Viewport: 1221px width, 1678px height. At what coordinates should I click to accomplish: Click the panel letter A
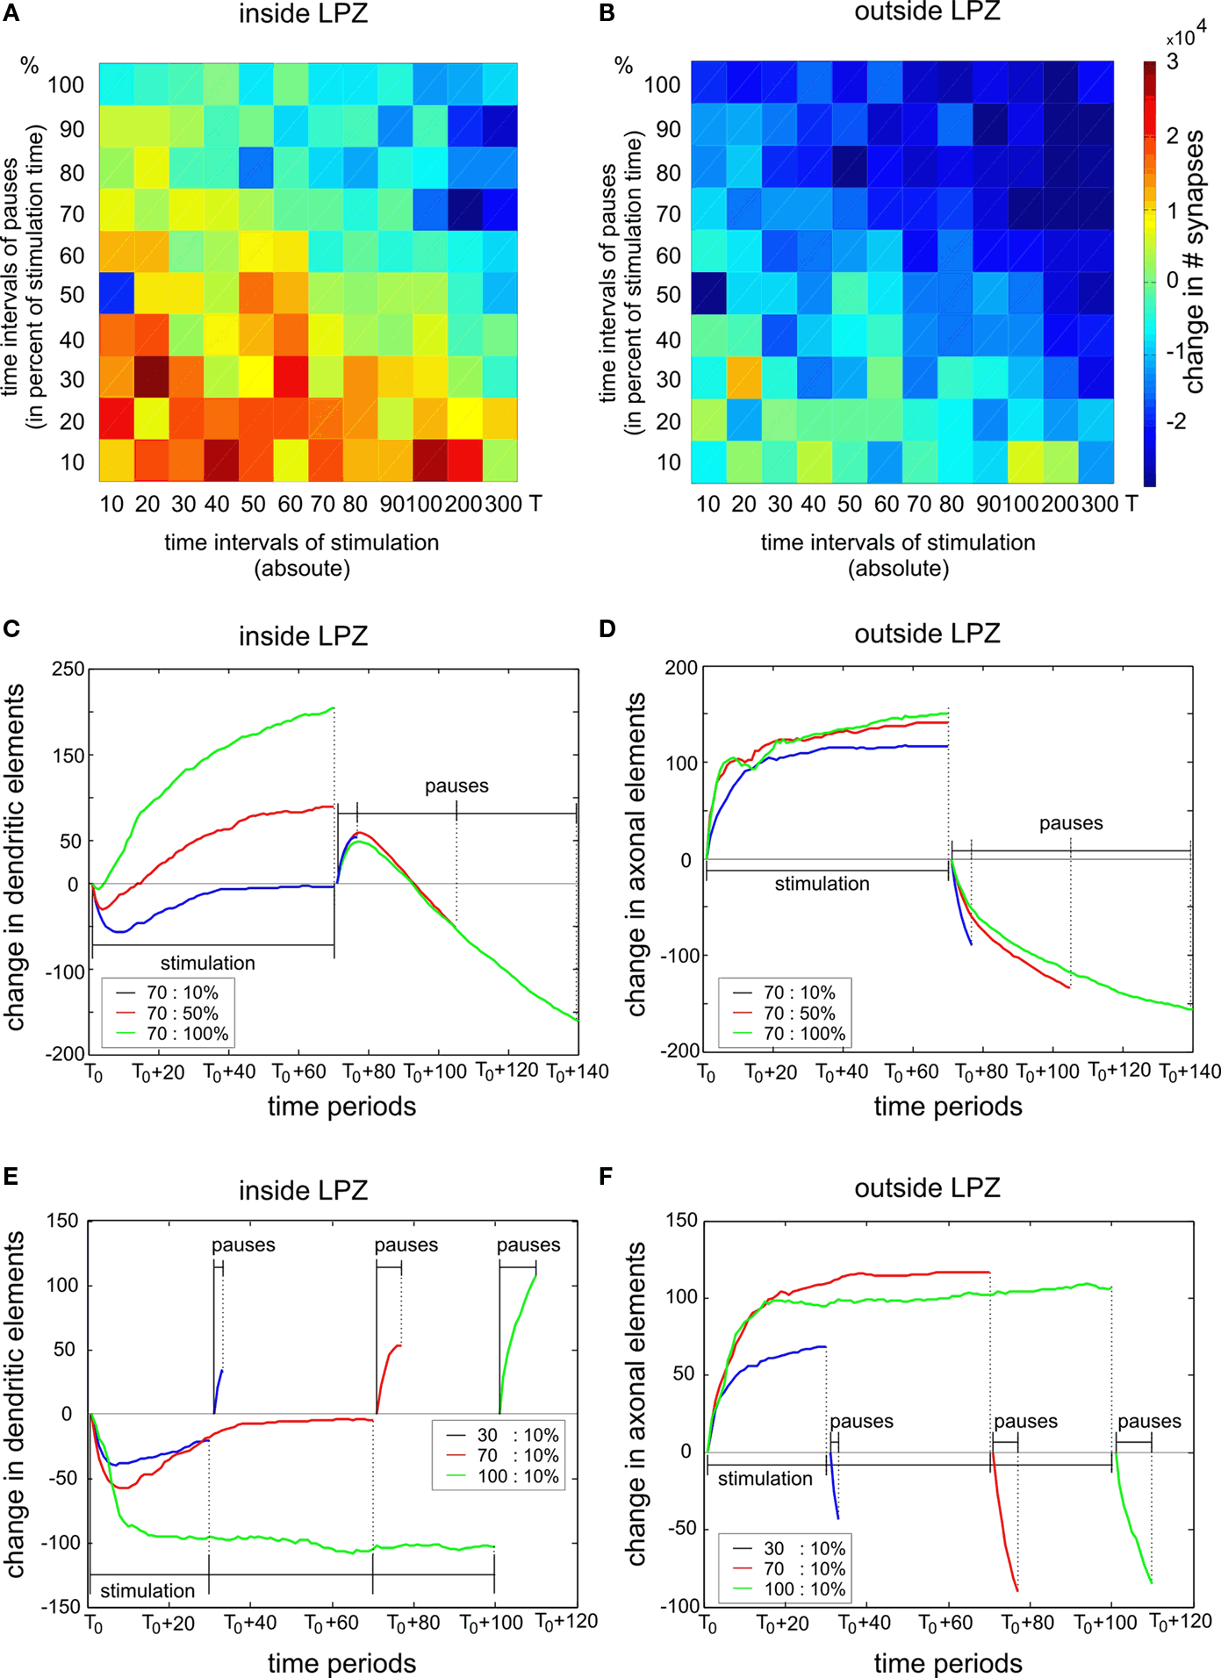pos(11,15)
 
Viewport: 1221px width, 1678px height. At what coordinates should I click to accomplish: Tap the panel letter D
pos(607,628)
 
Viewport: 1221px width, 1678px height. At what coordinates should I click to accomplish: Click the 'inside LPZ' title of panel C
pos(303,635)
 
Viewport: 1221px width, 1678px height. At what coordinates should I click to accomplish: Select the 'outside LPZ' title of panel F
pos(927,1187)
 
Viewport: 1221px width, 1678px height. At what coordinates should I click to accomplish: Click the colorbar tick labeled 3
pos(1173,61)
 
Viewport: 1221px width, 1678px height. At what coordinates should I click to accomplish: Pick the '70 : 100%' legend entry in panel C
pos(173,1034)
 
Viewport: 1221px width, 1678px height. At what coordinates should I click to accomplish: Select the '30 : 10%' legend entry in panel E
pos(503,1435)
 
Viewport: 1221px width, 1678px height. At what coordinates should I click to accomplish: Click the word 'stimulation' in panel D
pos(822,884)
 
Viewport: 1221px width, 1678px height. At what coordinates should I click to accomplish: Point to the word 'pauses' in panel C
pos(456,786)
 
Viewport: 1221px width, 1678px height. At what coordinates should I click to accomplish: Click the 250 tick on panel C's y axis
pos(68,669)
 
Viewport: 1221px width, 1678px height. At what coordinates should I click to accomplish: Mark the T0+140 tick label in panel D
pos(1189,1072)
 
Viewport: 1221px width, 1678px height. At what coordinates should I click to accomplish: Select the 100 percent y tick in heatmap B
pos(662,85)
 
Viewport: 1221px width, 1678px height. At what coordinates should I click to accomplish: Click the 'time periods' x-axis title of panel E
pos(341,1663)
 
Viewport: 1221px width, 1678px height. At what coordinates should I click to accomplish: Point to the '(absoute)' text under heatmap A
pos(302,569)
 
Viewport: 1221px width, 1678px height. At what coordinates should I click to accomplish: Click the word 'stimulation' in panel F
pos(765,1479)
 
